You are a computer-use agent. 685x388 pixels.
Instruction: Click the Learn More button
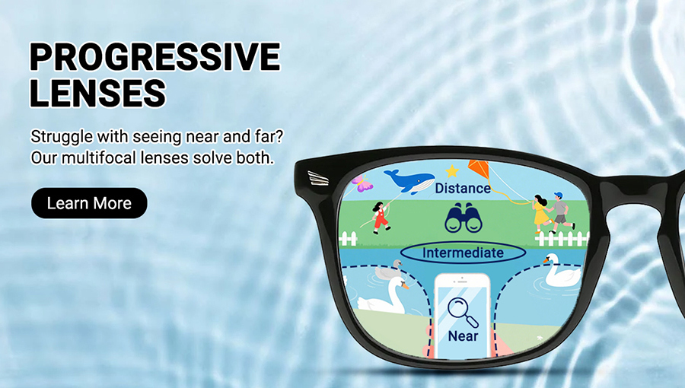point(89,203)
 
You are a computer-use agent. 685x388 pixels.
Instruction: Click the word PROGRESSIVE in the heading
point(155,57)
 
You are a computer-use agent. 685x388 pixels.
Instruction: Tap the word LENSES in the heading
point(98,93)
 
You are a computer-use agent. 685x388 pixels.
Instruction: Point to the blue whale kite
point(409,181)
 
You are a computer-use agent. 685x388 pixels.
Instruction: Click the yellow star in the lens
point(452,170)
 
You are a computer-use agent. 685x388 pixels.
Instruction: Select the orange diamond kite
point(479,170)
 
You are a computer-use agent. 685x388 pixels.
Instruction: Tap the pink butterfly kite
point(362,183)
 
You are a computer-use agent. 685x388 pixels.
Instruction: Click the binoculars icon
point(464,218)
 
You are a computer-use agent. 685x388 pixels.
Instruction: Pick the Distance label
point(463,189)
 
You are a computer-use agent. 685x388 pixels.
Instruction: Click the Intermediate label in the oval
point(463,253)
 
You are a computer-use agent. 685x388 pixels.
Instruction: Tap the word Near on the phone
point(463,336)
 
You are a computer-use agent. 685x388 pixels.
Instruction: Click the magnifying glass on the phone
point(463,312)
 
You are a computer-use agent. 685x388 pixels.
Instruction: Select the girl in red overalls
point(381,218)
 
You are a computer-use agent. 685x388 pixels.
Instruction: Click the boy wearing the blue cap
point(560,212)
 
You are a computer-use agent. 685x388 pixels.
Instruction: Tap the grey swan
point(389,271)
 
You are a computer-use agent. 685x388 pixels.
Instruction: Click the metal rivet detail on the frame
point(317,178)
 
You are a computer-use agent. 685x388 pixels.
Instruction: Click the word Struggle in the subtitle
point(62,137)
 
